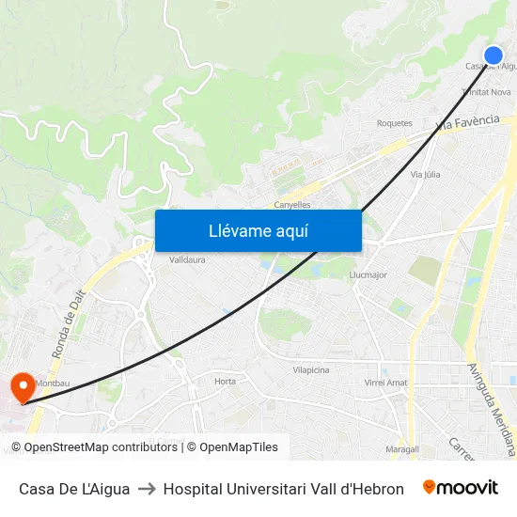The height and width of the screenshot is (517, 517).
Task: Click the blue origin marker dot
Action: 493,55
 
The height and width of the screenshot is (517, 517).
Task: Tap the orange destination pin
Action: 21,386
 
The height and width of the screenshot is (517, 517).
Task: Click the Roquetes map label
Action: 395,123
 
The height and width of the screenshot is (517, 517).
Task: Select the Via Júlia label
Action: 426,174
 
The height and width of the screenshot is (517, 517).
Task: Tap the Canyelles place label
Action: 291,205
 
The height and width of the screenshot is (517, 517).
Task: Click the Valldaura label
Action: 187,259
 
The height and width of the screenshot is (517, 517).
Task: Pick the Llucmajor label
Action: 368,274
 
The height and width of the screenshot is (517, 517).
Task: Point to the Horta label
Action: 225,381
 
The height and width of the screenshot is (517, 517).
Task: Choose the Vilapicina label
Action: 311,370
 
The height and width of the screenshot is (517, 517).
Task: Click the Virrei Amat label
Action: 385,383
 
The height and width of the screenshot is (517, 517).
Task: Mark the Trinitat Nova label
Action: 487,92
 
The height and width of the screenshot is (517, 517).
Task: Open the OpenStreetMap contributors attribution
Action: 97,447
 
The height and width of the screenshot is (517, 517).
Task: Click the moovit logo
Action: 461,488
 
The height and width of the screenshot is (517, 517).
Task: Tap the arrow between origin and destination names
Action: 147,489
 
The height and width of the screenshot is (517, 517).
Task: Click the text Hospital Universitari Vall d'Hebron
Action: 284,489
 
